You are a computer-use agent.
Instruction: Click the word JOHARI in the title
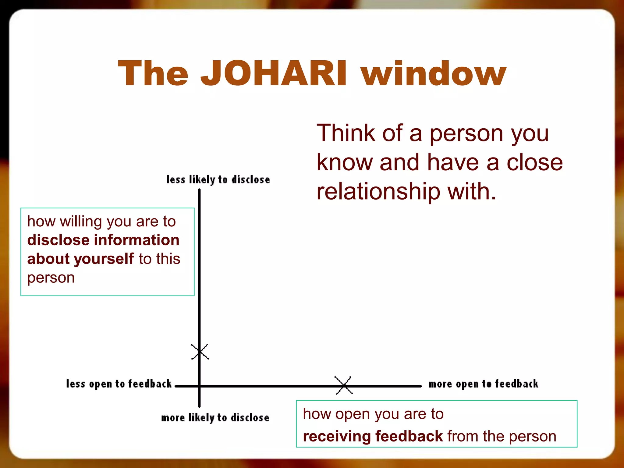273,73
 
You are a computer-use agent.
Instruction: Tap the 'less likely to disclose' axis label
218,179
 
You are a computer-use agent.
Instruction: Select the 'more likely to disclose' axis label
215,417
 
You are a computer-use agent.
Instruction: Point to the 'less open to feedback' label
119,384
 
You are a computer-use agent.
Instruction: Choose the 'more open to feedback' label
483,384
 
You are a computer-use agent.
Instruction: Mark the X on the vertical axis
200,352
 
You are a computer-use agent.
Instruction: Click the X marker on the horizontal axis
344,385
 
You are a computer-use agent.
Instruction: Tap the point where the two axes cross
199,386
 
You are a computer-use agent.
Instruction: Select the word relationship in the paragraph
378,192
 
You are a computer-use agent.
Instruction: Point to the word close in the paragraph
534,162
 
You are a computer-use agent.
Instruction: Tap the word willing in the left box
81,222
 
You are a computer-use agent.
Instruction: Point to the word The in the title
153,73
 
